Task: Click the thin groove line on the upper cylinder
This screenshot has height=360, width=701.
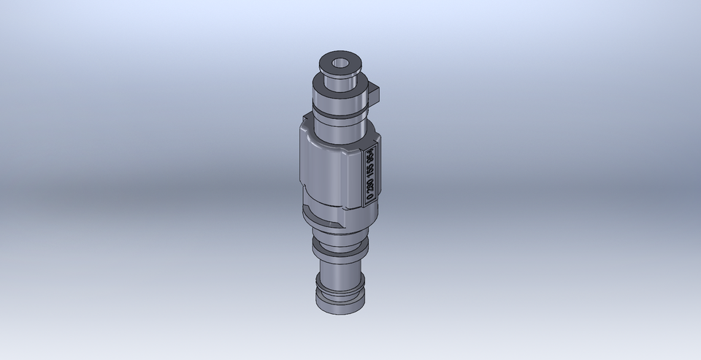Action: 338,114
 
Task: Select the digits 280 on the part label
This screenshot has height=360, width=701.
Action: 371,180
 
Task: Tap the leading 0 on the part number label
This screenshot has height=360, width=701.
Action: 371,195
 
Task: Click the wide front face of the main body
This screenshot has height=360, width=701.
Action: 332,172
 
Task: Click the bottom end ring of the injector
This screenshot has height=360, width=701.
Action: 338,305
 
